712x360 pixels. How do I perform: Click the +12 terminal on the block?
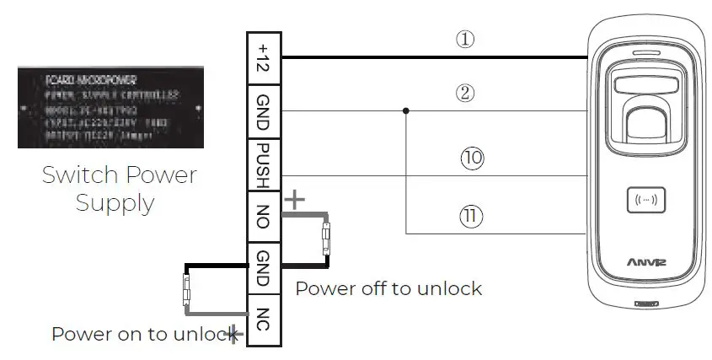click(262, 56)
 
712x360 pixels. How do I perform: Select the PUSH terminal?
click(262, 166)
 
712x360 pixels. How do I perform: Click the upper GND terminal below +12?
click(262, 111)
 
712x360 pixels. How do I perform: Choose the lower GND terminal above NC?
click(262, 267)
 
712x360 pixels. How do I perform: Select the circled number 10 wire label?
click(472, 157)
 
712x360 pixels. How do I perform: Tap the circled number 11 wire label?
click(472, 216)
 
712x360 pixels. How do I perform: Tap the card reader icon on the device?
click(647, 201)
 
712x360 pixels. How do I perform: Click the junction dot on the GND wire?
click(406, 110)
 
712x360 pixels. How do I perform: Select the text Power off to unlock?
click(388, 288)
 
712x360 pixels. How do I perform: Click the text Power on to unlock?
click(140, 333)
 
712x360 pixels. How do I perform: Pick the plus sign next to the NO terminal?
click(295, 200)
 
